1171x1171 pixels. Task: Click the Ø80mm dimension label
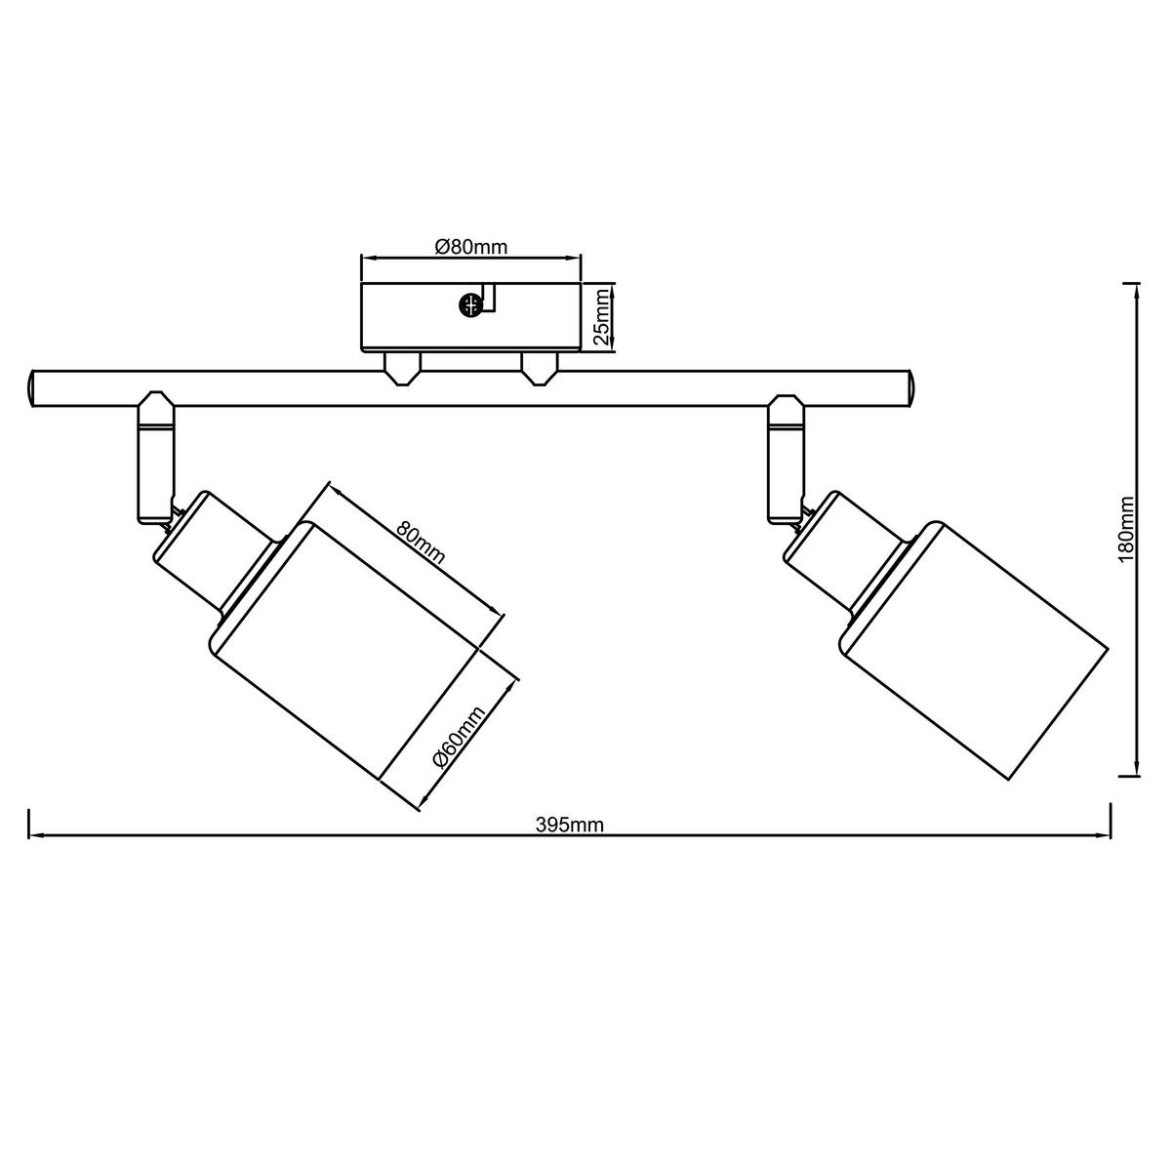pyautogui.click(x=471, y=247)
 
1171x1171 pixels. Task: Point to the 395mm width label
pyautogui.click(x=569, y=825)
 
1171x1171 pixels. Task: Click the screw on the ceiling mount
pyautogui.click(x=469, y=304)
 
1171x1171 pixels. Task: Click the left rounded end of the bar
pyautogui.click(x=32, y=387)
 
